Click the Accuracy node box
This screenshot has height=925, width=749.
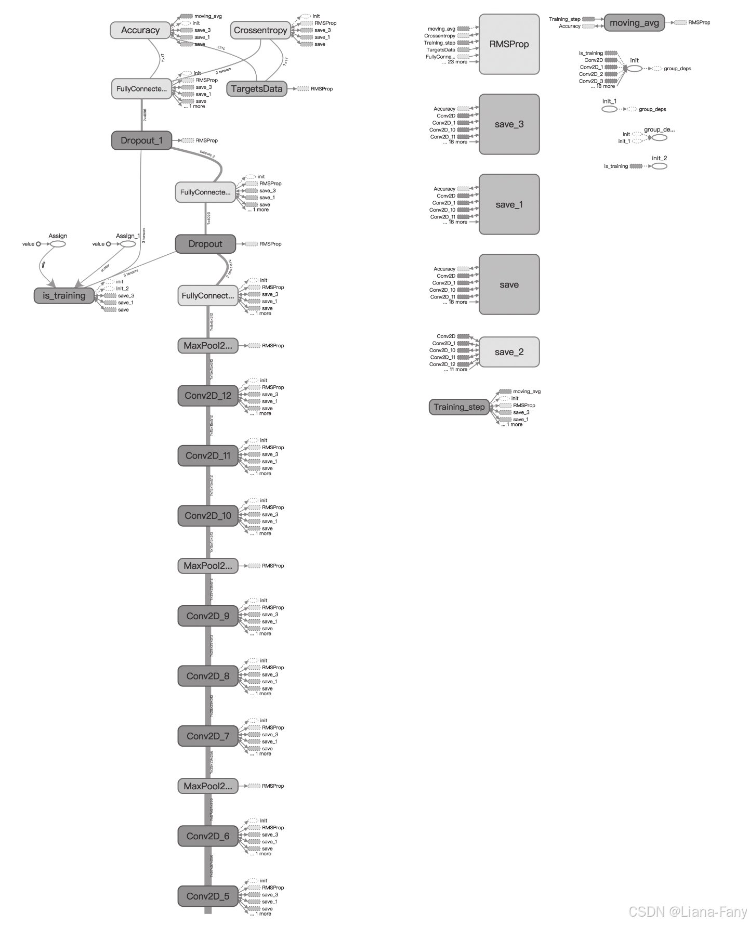pyautogui.click(x=140, y=30)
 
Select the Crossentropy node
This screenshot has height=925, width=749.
pyautogui.click(x=260, y=30)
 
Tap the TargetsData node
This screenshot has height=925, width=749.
pyautogui.click(x=257, y=89)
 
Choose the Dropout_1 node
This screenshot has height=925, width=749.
pyautogui.click(x=141, y=140)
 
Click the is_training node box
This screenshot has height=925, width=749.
pyautogui.click(x=64, y=295)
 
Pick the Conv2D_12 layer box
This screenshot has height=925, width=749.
pyautogui.click(x=208, y=396)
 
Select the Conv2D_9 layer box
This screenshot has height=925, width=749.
pyautogui.click(x=208, y=616)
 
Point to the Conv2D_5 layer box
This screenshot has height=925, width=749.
pyautogui.click(x=208, y=896)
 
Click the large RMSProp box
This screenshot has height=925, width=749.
pyautogui.click(x=509, y=44)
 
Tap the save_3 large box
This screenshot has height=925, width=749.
pyautogui.click(x=509, y=124)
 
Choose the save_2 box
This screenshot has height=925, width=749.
pyautogui.click(x=509, y=352)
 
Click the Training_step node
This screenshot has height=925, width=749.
pyautogui.click(x=459, y=407)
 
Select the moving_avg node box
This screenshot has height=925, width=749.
pyautogui.click(x=634, y=23)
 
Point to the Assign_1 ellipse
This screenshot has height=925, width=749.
pyautogui.click(x=128, y=244)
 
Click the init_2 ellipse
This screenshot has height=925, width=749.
pyautogui.click(x=659, y=166)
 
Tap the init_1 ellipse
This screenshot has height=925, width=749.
pyautogui.click(x=609, y=109)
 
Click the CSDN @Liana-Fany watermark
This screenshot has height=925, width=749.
pyautogui.click(x=687, y=911)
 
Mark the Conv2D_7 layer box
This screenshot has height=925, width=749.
pyautogui.click(x=208, y=736)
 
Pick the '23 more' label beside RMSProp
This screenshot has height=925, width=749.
pyautogui.click(x=457, y=62)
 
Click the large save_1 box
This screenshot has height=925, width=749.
pyautogui.click(x=509, y=204)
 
